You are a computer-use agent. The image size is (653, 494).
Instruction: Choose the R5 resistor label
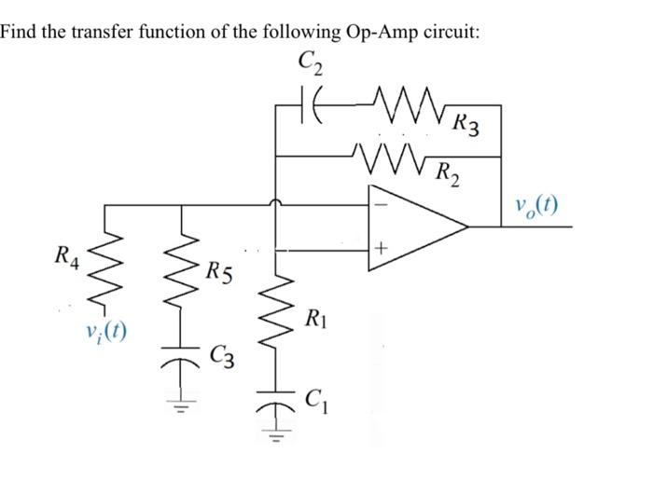pyautogui.click(x=221, y=273)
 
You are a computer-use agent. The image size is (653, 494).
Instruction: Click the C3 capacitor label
pyautogui.click(x=223, y=355)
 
